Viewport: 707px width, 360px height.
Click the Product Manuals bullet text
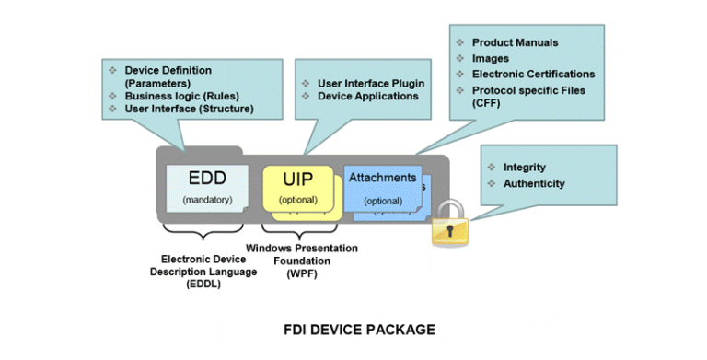(515, 42)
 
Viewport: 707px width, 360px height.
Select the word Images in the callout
(491, 58)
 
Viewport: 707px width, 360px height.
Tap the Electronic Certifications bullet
(533, 74)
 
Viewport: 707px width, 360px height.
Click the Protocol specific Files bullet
(528, 90)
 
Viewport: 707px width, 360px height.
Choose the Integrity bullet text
(524, 168)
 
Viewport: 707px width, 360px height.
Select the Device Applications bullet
(368, 96)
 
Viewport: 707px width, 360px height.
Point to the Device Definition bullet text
(168, 70)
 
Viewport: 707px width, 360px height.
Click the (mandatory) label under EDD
(207, 199)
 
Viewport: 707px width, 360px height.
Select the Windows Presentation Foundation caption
(301, 261)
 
